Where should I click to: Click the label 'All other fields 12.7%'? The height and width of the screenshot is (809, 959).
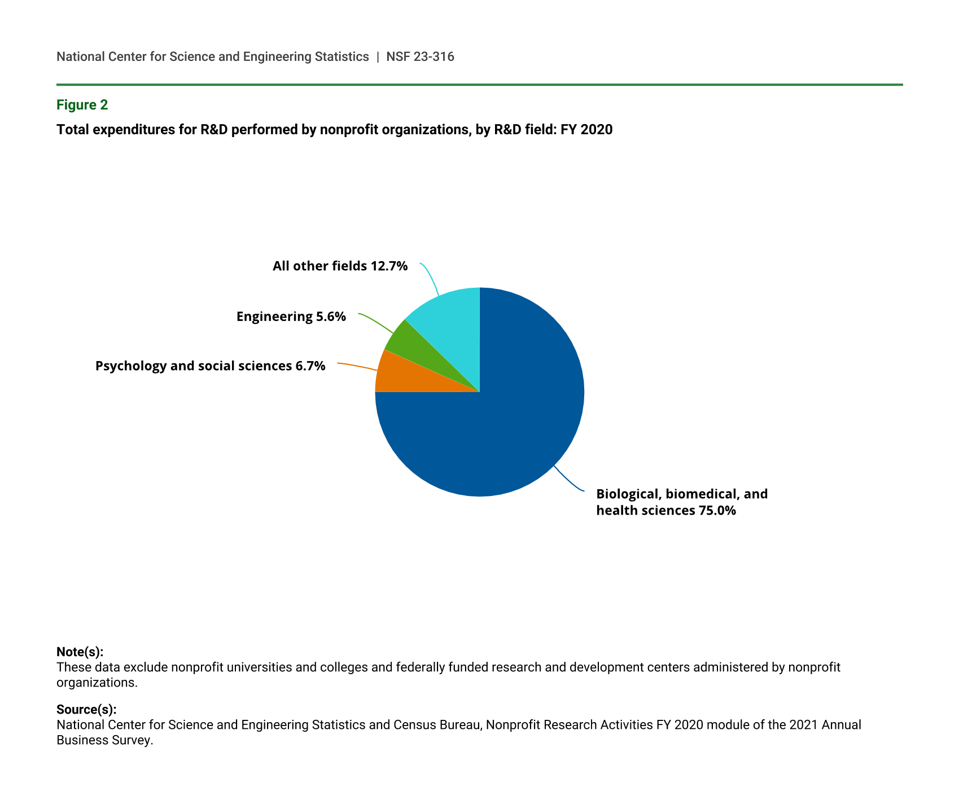tap(340, 266)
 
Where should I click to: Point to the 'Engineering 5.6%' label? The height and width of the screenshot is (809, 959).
tap(291, 316)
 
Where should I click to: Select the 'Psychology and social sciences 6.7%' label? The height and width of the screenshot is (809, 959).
tap(210, 366)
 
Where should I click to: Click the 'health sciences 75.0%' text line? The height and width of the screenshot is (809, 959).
tap(666, 511)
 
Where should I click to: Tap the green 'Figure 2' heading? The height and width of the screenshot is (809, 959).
tap(82, 105)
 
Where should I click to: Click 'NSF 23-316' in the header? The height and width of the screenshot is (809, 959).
tap(420, 56)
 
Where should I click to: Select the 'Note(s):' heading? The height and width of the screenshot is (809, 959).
tap(80, 652)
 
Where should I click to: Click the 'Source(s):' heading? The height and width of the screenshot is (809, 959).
tap(86, 709)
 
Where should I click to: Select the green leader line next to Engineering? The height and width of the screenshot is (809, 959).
tap(377, 322)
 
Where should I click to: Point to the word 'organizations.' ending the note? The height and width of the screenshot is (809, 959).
tap(97, 682)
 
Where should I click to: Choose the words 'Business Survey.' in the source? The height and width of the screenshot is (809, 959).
tap(104, 740)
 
